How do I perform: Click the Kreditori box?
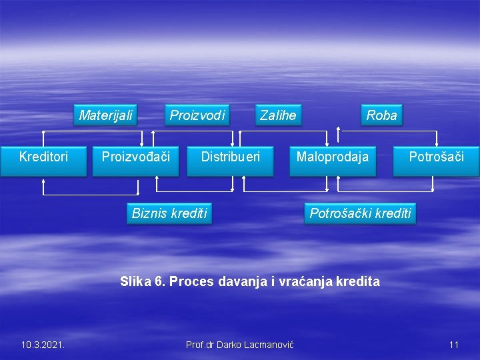point(43,157)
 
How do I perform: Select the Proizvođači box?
point(135,157)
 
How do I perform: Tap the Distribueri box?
point(230,157)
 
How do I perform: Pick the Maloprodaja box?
point(332,157)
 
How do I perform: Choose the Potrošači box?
point(436,157)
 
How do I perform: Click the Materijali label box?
point(106,115)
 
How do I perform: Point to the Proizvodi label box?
point(197,115)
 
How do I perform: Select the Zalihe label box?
point(278,115)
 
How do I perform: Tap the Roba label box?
point(381,115)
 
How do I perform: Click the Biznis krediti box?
point(169,213)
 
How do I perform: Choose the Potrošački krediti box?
point(360,213)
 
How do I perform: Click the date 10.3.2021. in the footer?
point(43,345)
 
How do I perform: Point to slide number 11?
point(454,345)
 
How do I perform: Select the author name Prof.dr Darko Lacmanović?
point(240,345)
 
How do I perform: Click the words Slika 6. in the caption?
point(143,281)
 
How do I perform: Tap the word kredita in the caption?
point(358,281)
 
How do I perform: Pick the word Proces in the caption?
point(189,281)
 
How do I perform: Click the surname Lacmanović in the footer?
point(266,345)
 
